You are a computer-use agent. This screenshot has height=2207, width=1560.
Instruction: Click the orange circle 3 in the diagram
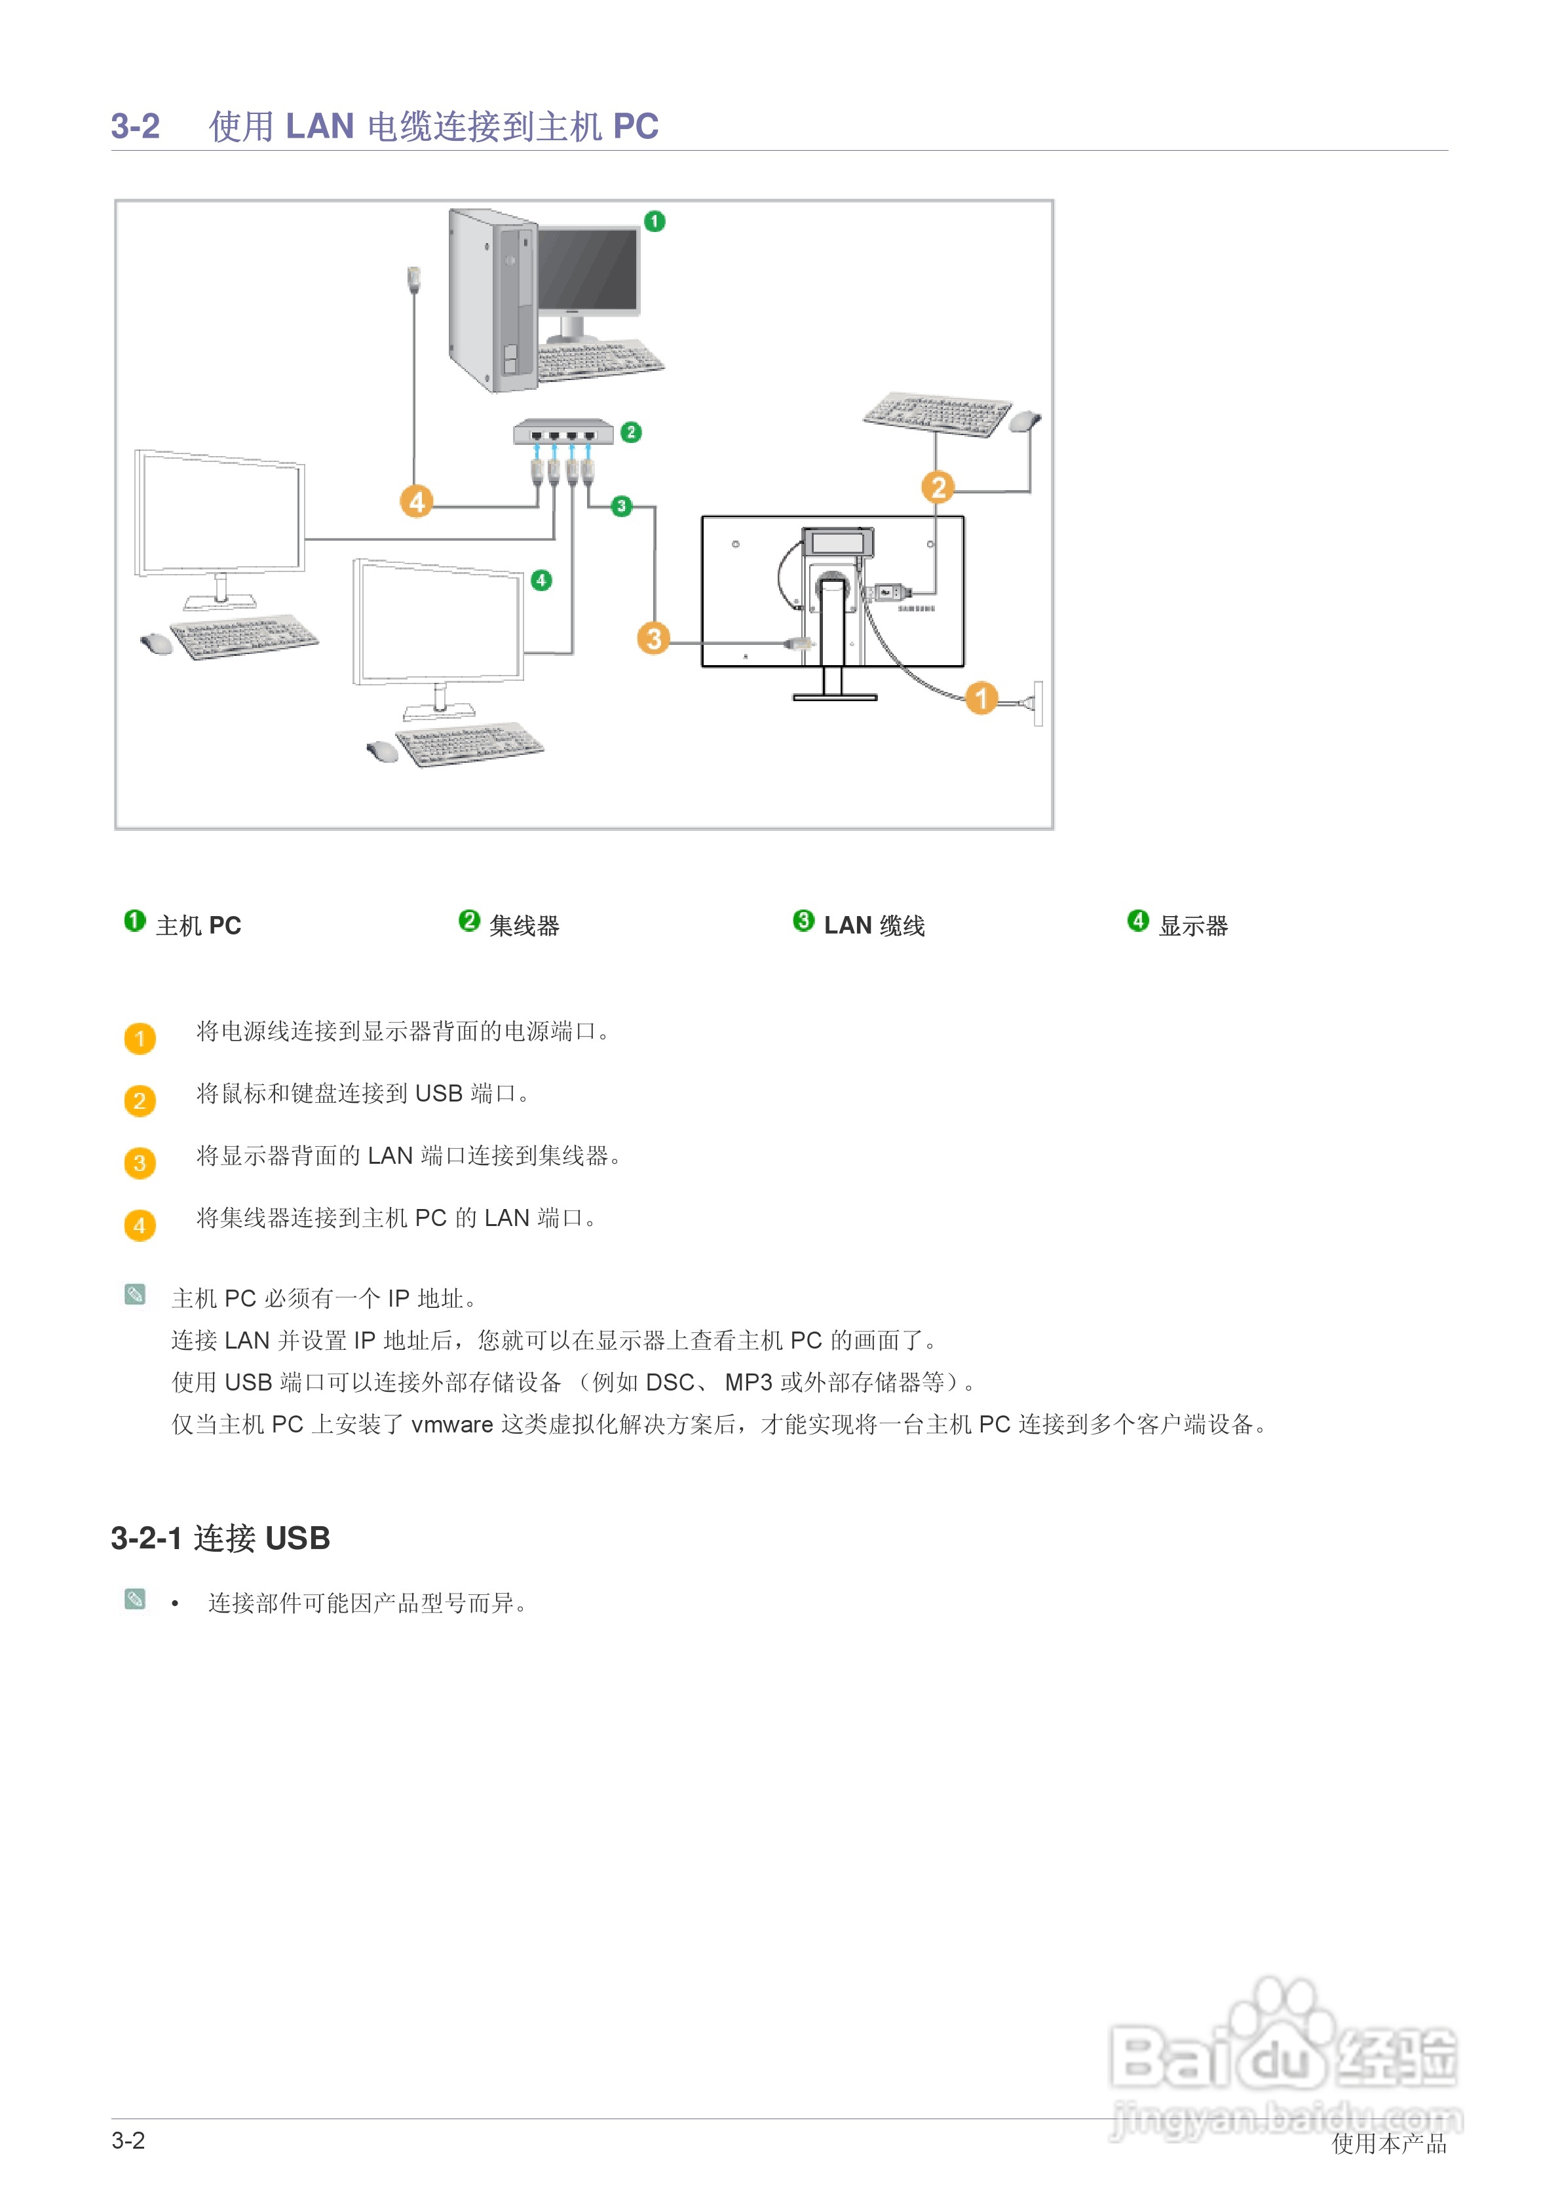(x=654, y=638)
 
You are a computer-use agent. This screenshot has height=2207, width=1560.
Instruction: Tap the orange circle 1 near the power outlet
(x=980, y=697)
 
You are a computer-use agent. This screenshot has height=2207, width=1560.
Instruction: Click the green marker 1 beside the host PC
(x=655, y=221)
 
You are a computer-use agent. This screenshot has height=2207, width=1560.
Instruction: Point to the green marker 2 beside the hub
(x=630, y=432)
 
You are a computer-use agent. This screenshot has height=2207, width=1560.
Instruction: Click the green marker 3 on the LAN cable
(x=622, y=506)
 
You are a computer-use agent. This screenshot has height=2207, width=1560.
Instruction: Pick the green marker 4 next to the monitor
(x=541, y=580)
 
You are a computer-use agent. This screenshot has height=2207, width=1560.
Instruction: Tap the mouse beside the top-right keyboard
(x=1025, y=420)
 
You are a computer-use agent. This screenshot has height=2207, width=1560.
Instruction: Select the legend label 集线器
(x=524, y=926)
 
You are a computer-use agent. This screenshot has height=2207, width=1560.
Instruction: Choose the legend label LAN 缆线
(x=874, y=926)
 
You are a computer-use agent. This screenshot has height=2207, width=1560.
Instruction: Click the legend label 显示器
(x=1193, y=926)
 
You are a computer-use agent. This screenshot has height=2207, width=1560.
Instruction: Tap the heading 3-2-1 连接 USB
(x=220, y=1538)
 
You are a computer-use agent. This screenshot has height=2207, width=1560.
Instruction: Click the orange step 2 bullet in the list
(x=140, y=1101)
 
